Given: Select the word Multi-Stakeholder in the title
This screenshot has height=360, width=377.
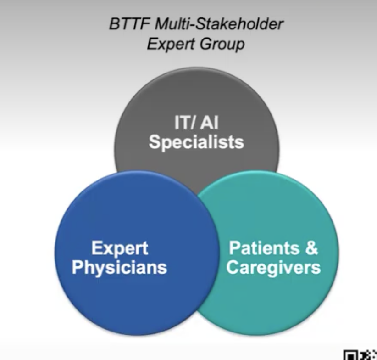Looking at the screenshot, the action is coord(219,24).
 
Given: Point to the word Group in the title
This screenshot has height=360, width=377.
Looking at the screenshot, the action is coord(222,45).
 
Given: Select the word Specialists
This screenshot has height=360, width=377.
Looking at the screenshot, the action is coord(196,142).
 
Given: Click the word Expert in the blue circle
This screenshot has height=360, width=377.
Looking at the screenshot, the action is coord(120,248).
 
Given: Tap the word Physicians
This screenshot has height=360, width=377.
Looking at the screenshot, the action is coord(120,268).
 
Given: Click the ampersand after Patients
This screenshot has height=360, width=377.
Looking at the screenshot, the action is coord(311,248).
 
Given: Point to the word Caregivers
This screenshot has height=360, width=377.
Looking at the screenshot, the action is coord(274,268).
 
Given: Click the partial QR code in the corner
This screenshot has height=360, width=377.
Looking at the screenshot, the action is coord(360,355).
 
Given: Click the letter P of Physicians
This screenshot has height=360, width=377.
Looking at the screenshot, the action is coord(78,267).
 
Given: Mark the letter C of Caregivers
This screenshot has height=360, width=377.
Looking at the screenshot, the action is coord(233,267).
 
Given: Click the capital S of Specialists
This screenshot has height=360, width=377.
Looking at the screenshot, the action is coord(155,142).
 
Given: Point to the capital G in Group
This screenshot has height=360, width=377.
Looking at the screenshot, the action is coord(205,44).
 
